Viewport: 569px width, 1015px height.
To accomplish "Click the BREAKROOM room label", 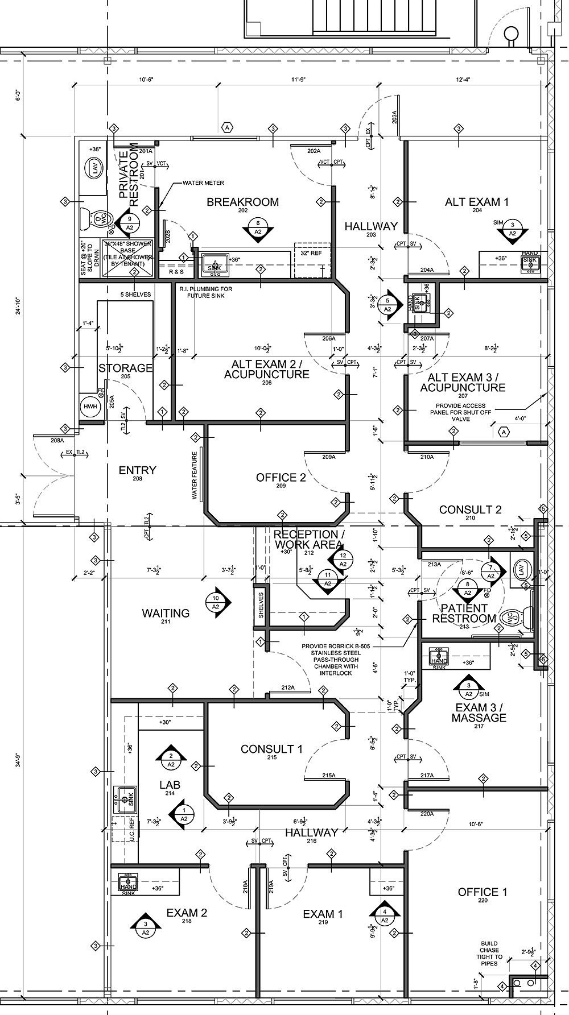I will tap(242, 202).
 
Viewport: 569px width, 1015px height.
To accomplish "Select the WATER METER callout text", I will tap(203, 183).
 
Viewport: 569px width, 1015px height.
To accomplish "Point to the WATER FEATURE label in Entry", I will tap(195, 475).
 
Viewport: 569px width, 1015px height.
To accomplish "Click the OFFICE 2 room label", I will tap(281, 478).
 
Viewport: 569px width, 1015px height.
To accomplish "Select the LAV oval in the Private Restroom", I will tap(92, 168).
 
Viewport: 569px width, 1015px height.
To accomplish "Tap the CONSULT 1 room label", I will tap(271, 749).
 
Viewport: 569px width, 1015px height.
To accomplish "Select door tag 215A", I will tap(328, 776).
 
